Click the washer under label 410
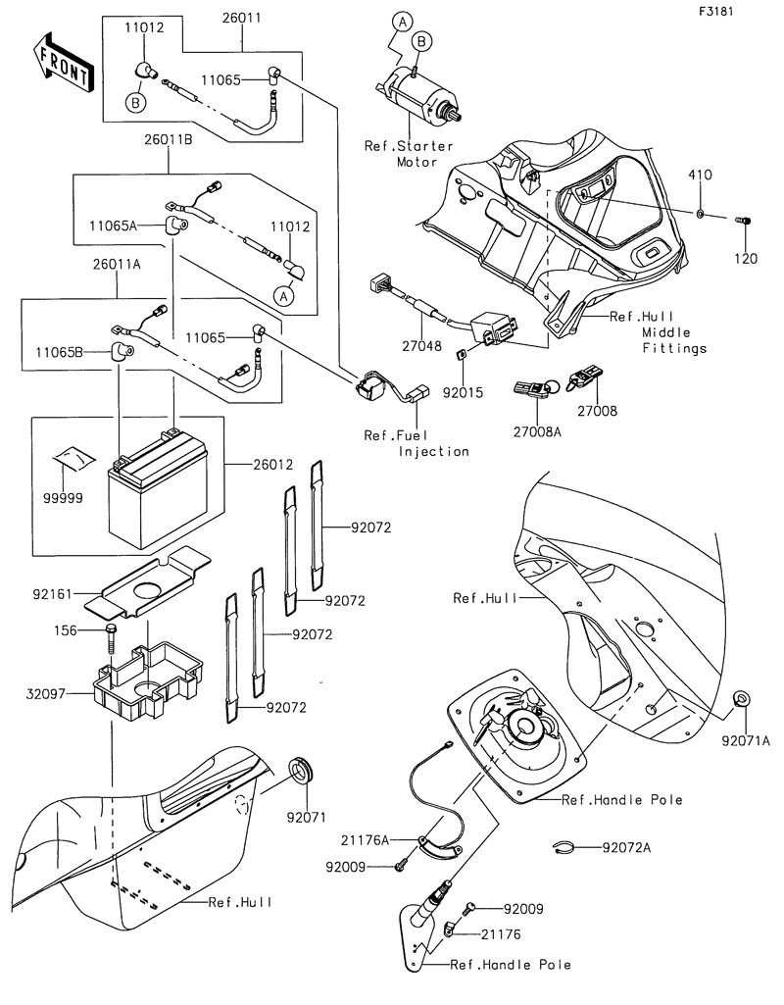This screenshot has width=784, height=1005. [703, 214]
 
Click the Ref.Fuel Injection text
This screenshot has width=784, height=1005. [416, 443]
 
